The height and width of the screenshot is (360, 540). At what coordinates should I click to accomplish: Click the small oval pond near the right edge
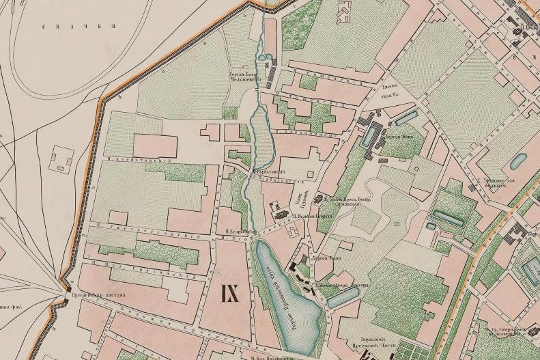click(x=518, y=161)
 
